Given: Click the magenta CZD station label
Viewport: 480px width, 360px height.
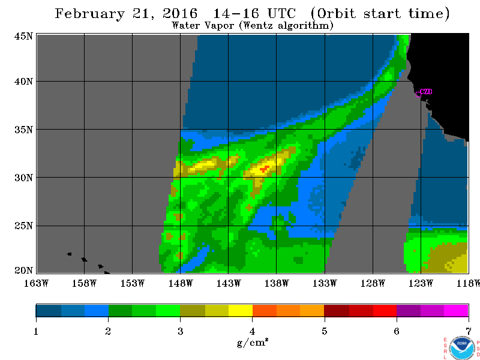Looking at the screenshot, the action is pos(426,92).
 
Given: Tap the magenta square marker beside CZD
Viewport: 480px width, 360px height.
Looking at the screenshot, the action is pos(418,94).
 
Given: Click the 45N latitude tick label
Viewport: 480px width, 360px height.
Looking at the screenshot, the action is pos(23,36).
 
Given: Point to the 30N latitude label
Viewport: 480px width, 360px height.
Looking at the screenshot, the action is pos(23,178).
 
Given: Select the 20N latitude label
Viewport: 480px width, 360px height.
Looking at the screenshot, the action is pos(23,271).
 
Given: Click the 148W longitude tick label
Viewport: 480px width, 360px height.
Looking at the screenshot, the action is pos(181,283).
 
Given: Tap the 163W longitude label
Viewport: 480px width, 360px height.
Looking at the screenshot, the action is pos(36,283).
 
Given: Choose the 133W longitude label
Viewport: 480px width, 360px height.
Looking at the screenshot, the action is pos(325,283).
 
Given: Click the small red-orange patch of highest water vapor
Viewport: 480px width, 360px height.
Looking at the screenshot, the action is pos(265,169).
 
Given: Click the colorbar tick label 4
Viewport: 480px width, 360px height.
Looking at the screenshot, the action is pos(252,331).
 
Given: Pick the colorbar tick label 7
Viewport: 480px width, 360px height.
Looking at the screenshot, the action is pos(469,331).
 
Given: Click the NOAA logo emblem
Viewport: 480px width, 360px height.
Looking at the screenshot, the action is pos(462,348).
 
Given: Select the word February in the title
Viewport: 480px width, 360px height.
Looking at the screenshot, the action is pos(89,14).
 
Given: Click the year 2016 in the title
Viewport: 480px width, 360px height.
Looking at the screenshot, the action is pos(180,13).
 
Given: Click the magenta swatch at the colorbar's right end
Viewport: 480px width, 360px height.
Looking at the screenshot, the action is pos(456,310).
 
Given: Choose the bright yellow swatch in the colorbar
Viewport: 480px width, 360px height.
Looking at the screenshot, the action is pos(241,310).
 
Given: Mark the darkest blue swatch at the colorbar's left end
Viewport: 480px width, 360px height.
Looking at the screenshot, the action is pos(49,310).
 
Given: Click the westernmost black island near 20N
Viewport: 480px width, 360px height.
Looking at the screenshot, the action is pos(69,254).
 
